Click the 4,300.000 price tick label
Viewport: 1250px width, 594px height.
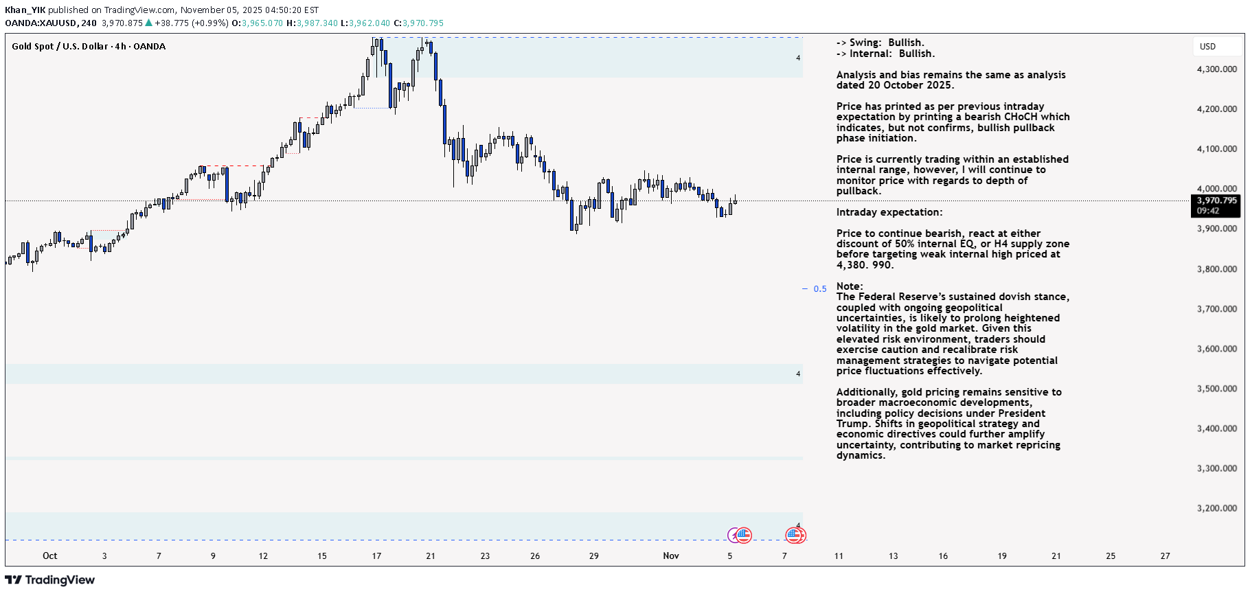click(1216, 69)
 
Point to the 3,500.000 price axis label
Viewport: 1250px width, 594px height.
click(1216, 389)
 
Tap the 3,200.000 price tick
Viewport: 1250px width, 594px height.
click(1216, 508)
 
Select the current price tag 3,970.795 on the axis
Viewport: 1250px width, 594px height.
click(1216, 201)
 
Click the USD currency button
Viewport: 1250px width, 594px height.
click(1207, 47)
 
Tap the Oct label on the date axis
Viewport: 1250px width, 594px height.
click(49, 556)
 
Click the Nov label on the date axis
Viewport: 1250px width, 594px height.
click(670, 556)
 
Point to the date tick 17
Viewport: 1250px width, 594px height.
click(376, 556)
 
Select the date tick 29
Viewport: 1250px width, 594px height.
click(593, 556)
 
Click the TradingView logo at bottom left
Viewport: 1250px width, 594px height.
click(50, 580)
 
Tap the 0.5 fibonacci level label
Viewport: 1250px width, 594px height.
click(819, 289)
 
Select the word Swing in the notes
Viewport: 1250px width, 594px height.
click(865, 43)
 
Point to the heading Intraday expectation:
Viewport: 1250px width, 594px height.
click(889, 212)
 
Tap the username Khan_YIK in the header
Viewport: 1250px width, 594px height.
click(25, 10)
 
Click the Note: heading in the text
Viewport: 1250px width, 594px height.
click(849, 286)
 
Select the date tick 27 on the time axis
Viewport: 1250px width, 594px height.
click(1165, 556)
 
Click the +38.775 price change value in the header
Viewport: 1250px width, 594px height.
click(171, 23)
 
